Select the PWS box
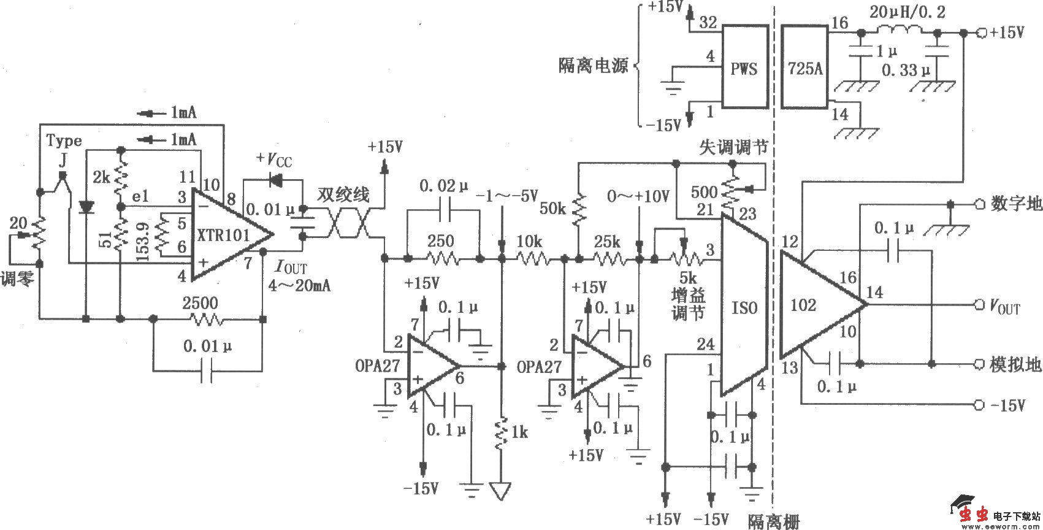744,67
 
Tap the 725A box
805,67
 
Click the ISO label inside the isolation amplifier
744,307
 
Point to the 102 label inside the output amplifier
803,305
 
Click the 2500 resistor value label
200,303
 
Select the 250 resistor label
440,241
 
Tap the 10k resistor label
529,242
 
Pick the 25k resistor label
607,242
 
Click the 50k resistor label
552,209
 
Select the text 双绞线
343,195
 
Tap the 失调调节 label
734,147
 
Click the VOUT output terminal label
1004,306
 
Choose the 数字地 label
1016,204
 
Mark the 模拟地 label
1016,364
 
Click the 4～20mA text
299,285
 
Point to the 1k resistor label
519,432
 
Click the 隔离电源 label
593,66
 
